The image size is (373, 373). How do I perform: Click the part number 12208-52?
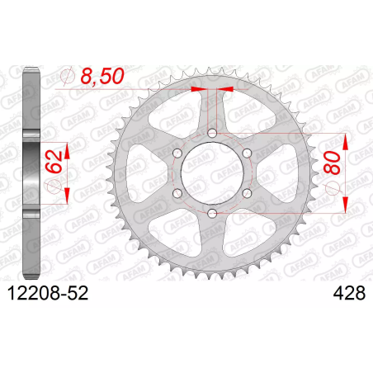click(x=48, y=293)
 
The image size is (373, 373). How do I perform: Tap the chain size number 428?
click(x=349, y=293)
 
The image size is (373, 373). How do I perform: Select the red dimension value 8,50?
click(x=102, y=76)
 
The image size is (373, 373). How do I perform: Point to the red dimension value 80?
click(x=332, y=163)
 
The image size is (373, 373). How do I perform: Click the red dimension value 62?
click(x=54, y=163)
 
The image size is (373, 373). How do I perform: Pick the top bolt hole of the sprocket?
click(x=212, y=134)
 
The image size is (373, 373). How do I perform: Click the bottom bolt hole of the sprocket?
click(x=212, y=213)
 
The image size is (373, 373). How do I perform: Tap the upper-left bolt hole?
click(x=177, y=153)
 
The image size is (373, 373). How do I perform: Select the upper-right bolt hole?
click(x=247, y=153)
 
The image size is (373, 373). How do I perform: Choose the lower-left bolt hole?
click(x=177, y=193)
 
